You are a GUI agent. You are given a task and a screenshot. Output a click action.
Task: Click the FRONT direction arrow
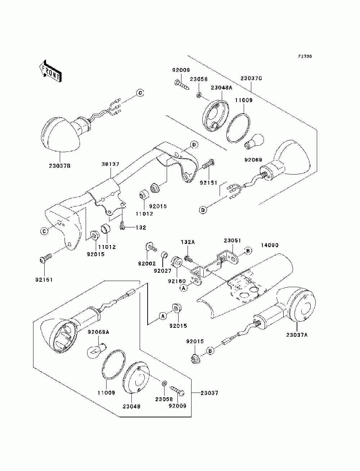[51, 71]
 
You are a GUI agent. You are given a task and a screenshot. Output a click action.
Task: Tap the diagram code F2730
[305, 56]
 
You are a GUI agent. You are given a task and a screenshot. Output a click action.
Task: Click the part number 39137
[110, 164]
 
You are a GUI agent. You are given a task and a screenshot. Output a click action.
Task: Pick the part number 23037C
[251, 78]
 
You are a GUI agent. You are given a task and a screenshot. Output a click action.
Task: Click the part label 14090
[269, 245]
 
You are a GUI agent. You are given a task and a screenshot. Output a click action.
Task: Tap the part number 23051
[232, 241]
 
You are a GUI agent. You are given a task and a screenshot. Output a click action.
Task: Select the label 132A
[187, 242]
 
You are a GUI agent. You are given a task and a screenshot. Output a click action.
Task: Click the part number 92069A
[98, 332]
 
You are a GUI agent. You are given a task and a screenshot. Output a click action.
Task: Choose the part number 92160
[177, 281]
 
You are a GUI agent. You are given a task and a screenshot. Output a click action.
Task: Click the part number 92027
[162, 271]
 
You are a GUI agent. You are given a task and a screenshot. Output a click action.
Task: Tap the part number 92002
[147, 263]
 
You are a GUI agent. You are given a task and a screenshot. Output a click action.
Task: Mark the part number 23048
[131, 406]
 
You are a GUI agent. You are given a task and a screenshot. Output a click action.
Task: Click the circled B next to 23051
[248, 251]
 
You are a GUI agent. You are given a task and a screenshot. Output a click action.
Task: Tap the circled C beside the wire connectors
[140, 93]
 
